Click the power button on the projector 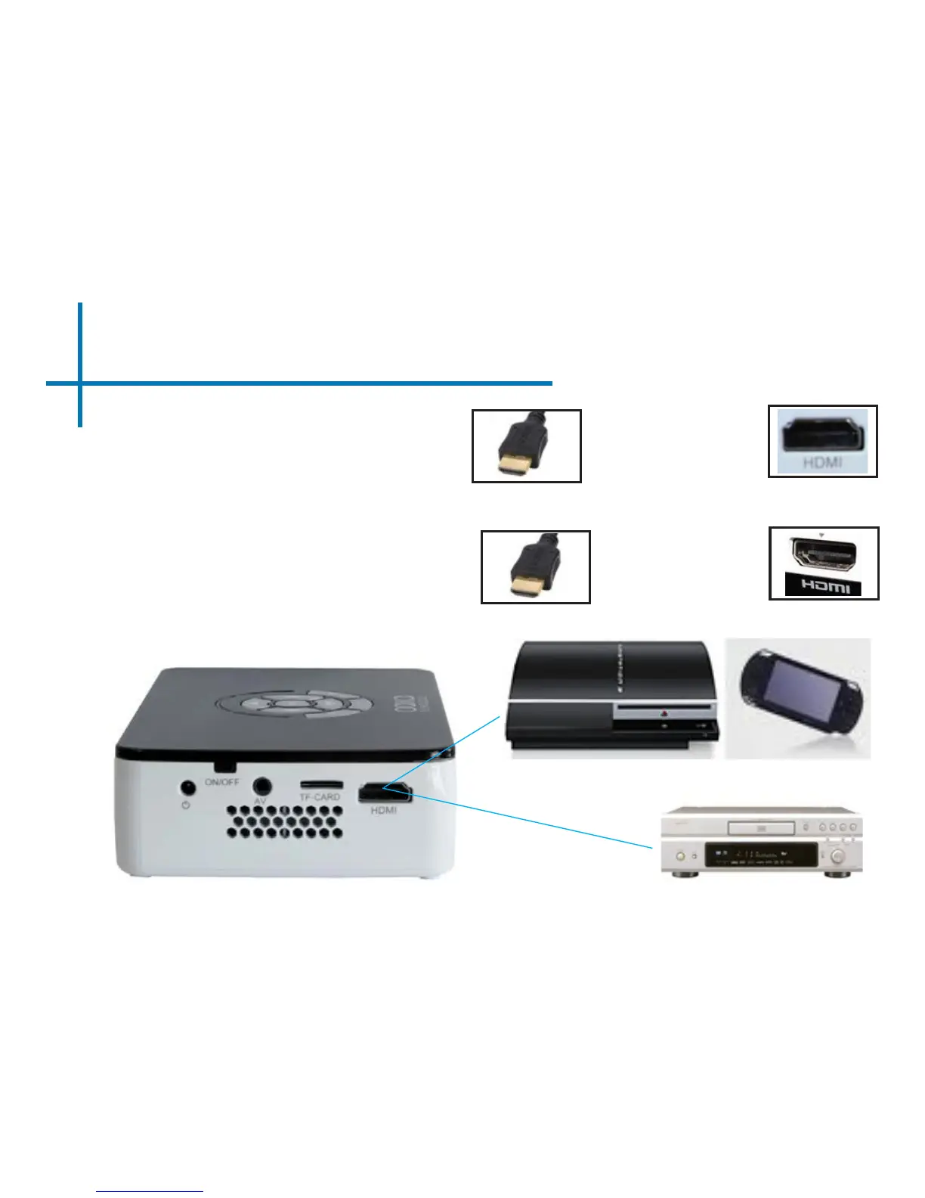tap(186, 789)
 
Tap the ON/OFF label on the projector tap(221, 781)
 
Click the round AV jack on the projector tap(262, 787)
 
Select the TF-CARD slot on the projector tap(321, 784)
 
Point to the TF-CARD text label tap(320, 797)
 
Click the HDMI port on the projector tap(384, 793)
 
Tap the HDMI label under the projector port tap(384, 810)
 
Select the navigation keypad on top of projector tap(294, 706)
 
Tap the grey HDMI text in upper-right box tap(823, 461)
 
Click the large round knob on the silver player tap(837, 856)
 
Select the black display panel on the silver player tap(760, 855)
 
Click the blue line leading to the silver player tap(529, 821)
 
